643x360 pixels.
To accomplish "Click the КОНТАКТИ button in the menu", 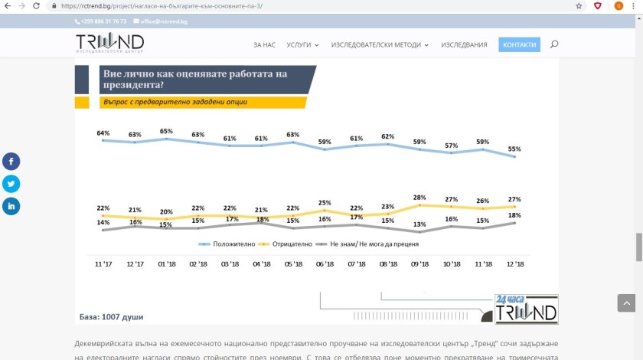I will coord(519,45).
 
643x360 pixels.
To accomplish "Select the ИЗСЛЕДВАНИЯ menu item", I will coord(464,45).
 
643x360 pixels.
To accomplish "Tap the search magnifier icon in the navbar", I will coord(554,45).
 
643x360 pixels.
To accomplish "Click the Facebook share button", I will coord(11,162).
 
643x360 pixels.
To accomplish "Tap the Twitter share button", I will coord(11,184).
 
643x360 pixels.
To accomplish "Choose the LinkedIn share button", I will coord(11,206).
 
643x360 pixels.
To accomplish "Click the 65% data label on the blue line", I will coord(167,132).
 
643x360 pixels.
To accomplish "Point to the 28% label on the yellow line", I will coord(419,198).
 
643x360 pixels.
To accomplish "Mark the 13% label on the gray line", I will coord(419,224).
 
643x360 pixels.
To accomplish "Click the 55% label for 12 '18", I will coord(514,149).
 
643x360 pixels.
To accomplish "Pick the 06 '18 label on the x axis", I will coord(325,264).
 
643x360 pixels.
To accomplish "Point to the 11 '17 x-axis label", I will coord(103,264).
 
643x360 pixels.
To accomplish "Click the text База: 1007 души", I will coord(112,316).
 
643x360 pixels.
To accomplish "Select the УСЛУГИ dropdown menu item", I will coord(302,45).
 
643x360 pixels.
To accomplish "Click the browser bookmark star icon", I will coord(579,5).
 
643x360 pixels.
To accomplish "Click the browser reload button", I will coord(36,5).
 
